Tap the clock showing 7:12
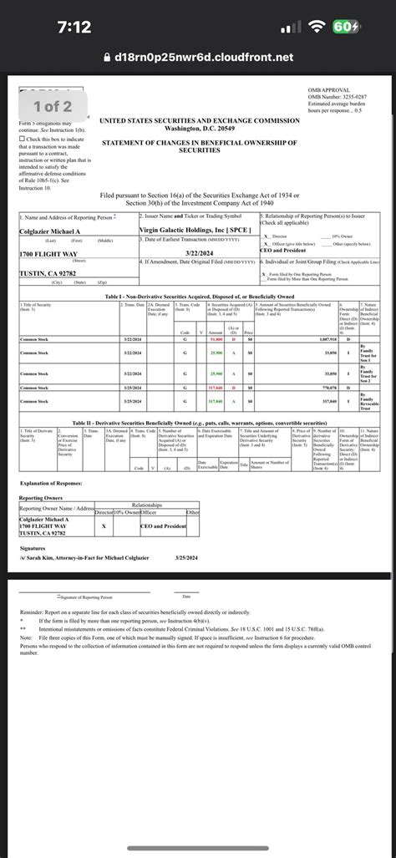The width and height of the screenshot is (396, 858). [x=74, y=28]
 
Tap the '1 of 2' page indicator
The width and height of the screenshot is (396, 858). [x=53, y=105]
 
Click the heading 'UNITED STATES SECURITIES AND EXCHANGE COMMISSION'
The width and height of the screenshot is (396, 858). [x=199, y=121]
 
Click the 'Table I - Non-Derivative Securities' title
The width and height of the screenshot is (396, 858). [x=198, y=296]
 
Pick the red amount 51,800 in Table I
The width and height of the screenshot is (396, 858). [x=216, y=340]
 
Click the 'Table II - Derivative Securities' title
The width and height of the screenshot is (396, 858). [x=198, y=424]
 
